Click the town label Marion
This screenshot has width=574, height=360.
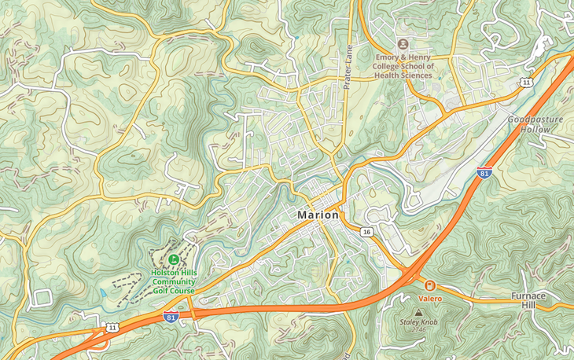(318, 215)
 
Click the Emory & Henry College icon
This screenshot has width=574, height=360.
(403, 44)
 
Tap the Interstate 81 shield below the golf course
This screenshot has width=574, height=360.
(171, 316)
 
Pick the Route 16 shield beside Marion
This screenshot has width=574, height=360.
(366, 232)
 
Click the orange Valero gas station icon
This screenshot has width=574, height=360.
(430, 286)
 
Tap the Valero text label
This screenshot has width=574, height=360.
(430, 299)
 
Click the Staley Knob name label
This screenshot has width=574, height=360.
(418, 323)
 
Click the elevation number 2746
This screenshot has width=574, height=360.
(418, 331)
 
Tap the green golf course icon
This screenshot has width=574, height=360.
(174, 259)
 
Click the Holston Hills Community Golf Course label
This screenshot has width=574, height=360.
(174, 282)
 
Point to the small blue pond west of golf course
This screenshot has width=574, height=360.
(103, 292)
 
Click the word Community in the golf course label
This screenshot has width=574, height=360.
(174, 282)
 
